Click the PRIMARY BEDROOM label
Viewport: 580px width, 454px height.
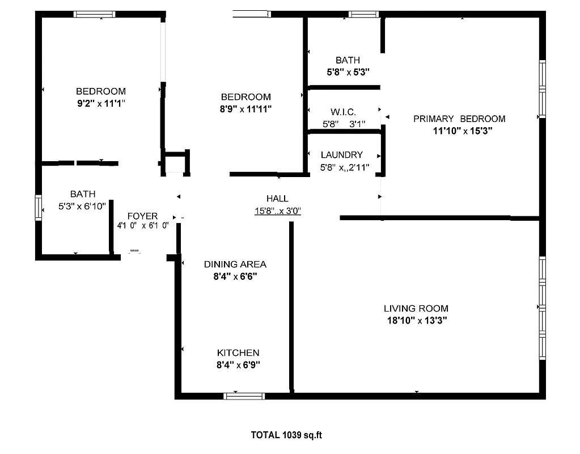(459, 119)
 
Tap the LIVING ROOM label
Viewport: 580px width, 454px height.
(416, 309)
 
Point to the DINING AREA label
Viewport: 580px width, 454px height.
(235, 264)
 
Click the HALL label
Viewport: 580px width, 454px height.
(277, 199)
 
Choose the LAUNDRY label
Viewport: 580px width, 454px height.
(341, 154)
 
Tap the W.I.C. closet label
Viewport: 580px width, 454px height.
(343, 112)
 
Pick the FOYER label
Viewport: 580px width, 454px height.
(142, 216)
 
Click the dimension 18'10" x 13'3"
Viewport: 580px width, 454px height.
(416, 321)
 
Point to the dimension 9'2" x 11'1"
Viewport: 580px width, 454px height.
(100, 103)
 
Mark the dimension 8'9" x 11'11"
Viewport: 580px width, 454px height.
(245, 109)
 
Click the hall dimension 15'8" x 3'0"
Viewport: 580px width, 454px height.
(277, 211)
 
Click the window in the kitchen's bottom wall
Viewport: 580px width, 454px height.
(244, 396)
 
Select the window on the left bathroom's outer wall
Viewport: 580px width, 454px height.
(39, 208)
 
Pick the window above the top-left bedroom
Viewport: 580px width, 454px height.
(95, 14)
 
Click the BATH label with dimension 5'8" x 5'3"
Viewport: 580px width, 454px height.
(348, 60)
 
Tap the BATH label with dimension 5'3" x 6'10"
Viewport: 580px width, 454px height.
(83, 194)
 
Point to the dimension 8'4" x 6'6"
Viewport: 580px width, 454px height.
(235, 276)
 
